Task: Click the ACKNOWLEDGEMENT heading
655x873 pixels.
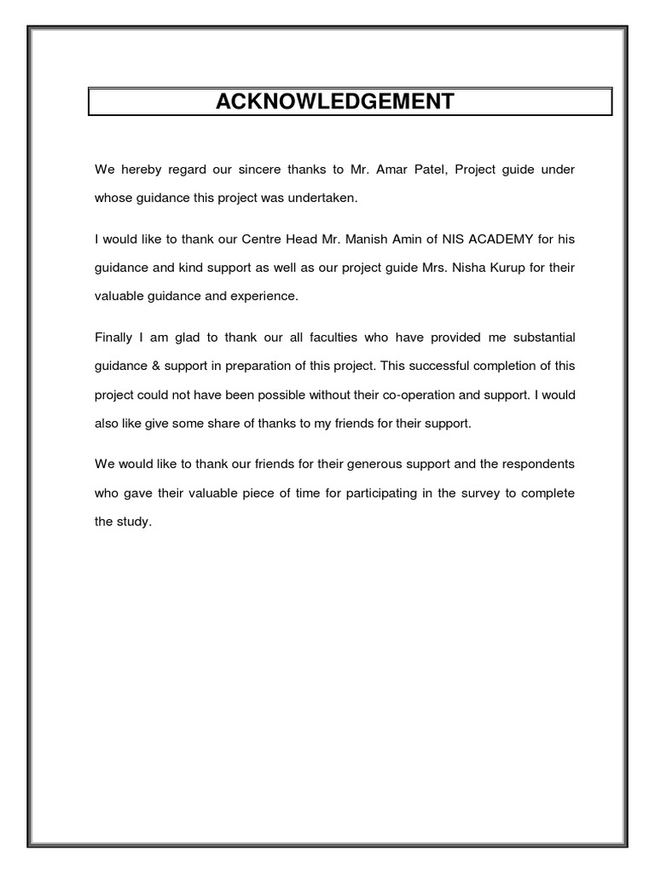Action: point(334,102)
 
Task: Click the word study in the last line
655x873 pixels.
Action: point(134,521)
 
